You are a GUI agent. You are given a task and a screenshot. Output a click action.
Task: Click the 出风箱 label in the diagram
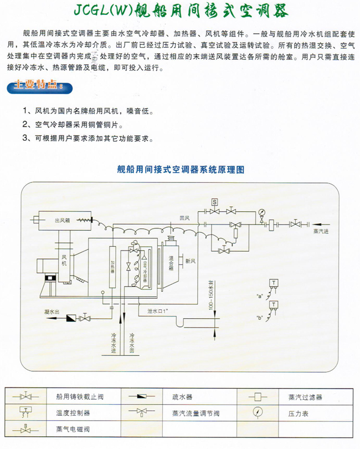click(61, 221)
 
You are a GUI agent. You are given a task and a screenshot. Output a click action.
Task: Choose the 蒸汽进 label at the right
click(321, 231)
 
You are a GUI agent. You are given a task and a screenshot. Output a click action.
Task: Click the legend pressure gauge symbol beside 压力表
click(258, 413)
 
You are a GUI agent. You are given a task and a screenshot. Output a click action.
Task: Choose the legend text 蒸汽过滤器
click(305, 397)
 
